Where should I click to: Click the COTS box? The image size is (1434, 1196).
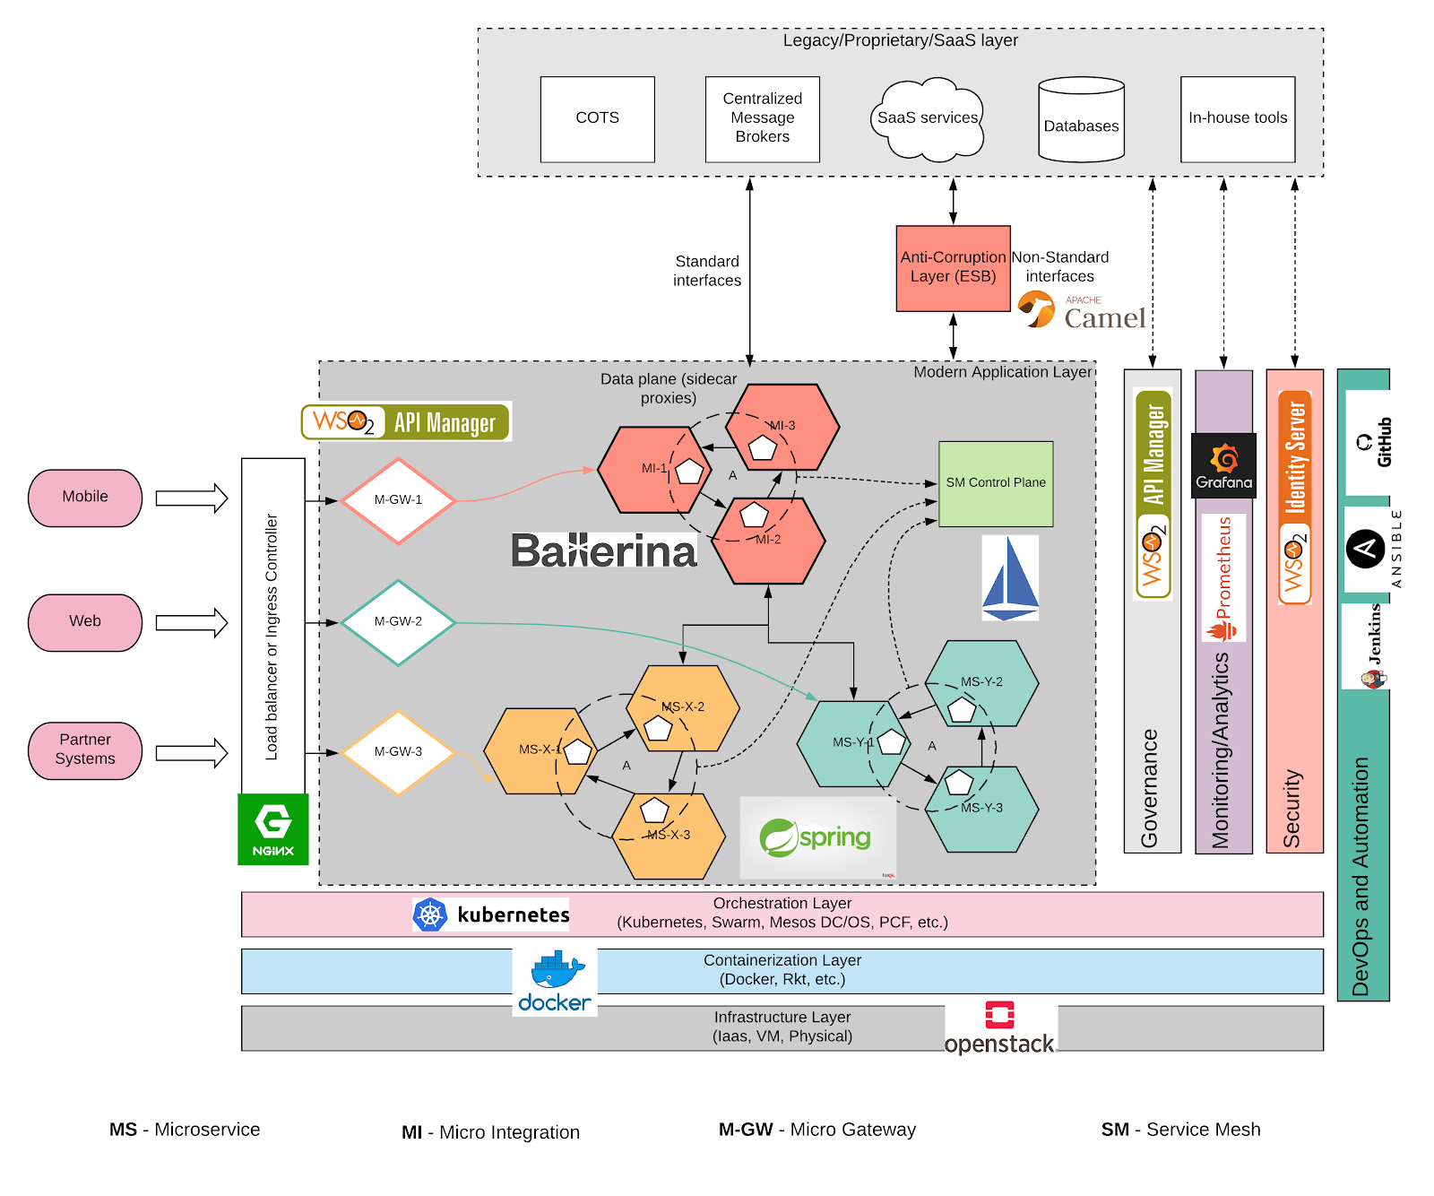597,118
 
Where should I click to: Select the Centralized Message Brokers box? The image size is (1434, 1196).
762,118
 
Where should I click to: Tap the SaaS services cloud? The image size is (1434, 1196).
927,118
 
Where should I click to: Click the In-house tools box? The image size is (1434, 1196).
1237,118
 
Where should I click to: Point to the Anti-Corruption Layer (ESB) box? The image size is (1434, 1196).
953,268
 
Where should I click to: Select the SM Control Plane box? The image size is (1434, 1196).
995,483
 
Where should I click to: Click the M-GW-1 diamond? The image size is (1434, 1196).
398,500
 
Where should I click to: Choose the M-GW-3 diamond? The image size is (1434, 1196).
398,752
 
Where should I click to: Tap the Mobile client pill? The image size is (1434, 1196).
85,498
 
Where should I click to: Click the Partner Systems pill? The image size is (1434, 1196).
85,750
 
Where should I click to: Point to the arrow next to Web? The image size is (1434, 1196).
191,622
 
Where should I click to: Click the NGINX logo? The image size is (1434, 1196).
272,828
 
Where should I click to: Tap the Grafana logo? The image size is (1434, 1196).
1223,465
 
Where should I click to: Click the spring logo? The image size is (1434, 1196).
816,837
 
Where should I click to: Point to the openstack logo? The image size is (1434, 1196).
1000,1029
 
